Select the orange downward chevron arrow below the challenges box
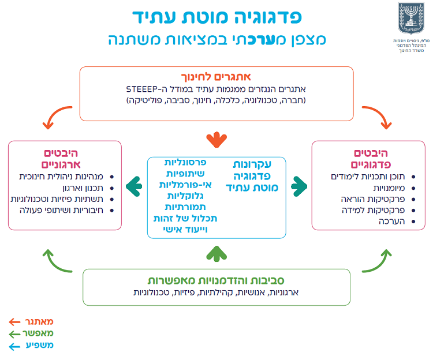tap(216, 139)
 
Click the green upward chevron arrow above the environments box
tap(216, 252)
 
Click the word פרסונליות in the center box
tap(186, 164)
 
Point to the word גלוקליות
tap(188, 196)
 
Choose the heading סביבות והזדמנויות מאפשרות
tap(216, 280)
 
